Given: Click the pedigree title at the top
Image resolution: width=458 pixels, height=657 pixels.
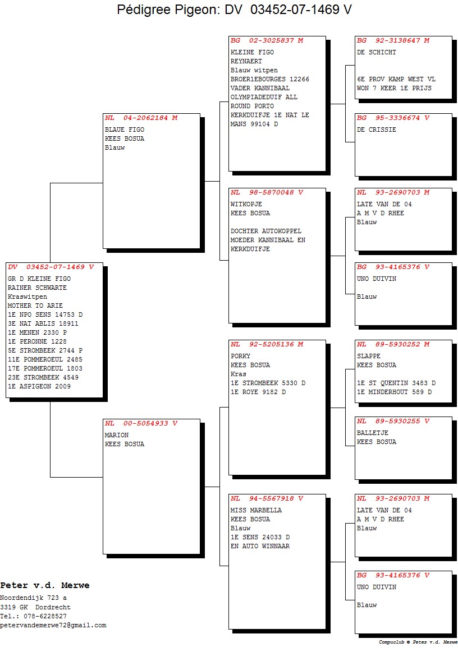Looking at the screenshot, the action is (x=234, y=9).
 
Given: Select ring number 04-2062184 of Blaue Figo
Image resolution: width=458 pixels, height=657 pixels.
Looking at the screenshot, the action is (x=145, y=118).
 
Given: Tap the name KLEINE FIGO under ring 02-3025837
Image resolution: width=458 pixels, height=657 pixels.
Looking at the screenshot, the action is (x=252, y=52).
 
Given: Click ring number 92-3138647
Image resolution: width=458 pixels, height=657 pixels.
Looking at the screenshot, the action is (x=397, y=40).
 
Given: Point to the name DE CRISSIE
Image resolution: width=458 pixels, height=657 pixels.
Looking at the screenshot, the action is (x=377, y=130).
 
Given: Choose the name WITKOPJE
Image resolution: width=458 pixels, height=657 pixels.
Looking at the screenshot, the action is (x=246, y=205).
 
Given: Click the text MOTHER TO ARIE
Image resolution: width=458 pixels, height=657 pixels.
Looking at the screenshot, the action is (x=35, y=306).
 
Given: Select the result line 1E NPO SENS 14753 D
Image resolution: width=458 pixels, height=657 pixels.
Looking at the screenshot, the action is (x=45, y=314).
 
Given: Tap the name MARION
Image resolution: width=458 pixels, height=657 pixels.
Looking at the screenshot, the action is (x=117, y=436).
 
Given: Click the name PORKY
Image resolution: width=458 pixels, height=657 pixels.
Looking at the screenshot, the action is (x=240, y=356).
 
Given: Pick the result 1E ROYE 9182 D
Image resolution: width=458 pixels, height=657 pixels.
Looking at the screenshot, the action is (x=258, y=392).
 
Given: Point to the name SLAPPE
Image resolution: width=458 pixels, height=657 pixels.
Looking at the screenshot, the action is (x=369, y=356).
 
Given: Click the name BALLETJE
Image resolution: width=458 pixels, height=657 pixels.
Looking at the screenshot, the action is (x=373, y=433).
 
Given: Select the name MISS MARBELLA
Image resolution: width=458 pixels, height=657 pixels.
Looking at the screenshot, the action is (x=256, y=510).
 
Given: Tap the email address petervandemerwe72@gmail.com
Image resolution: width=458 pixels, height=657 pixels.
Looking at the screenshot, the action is (x=53, y=626).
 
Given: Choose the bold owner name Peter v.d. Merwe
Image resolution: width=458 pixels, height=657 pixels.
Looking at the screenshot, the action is (x=45, y=585).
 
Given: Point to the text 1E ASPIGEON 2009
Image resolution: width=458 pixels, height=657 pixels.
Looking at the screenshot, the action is (x=39, y=387).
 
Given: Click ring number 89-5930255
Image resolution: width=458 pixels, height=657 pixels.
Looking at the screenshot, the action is (x=397, y=421).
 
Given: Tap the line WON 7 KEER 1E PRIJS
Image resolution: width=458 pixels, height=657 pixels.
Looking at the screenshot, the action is (x=394, y=89).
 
